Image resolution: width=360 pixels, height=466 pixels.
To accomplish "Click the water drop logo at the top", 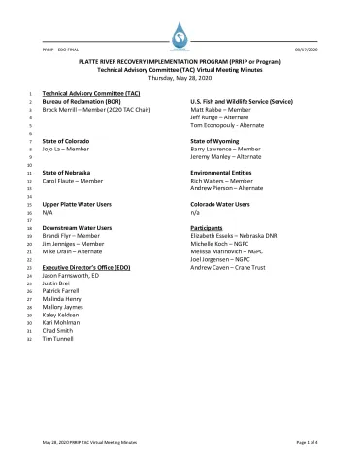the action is pos(180,37).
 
